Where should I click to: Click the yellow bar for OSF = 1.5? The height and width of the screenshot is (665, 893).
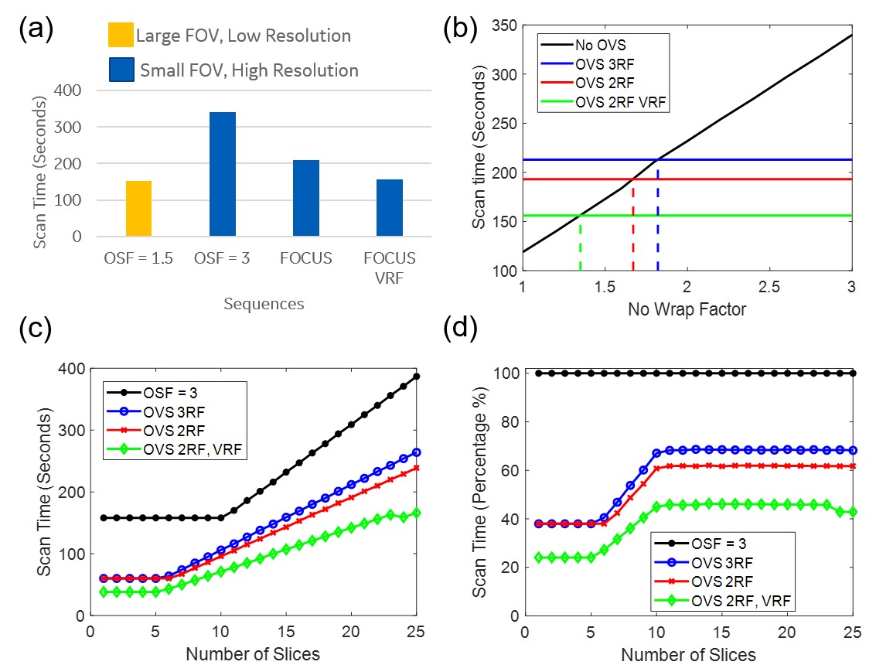point(138,209)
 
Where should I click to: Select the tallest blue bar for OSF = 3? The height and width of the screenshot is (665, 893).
point(223,174)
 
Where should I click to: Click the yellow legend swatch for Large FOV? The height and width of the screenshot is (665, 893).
point(120,36)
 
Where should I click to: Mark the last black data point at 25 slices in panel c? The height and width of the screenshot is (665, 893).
point(416,377)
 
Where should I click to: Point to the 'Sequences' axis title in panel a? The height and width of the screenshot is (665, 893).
point(264,303)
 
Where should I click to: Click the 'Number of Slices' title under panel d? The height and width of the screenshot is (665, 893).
point(689,655)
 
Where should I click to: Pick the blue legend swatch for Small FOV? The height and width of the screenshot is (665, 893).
point(120,70)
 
